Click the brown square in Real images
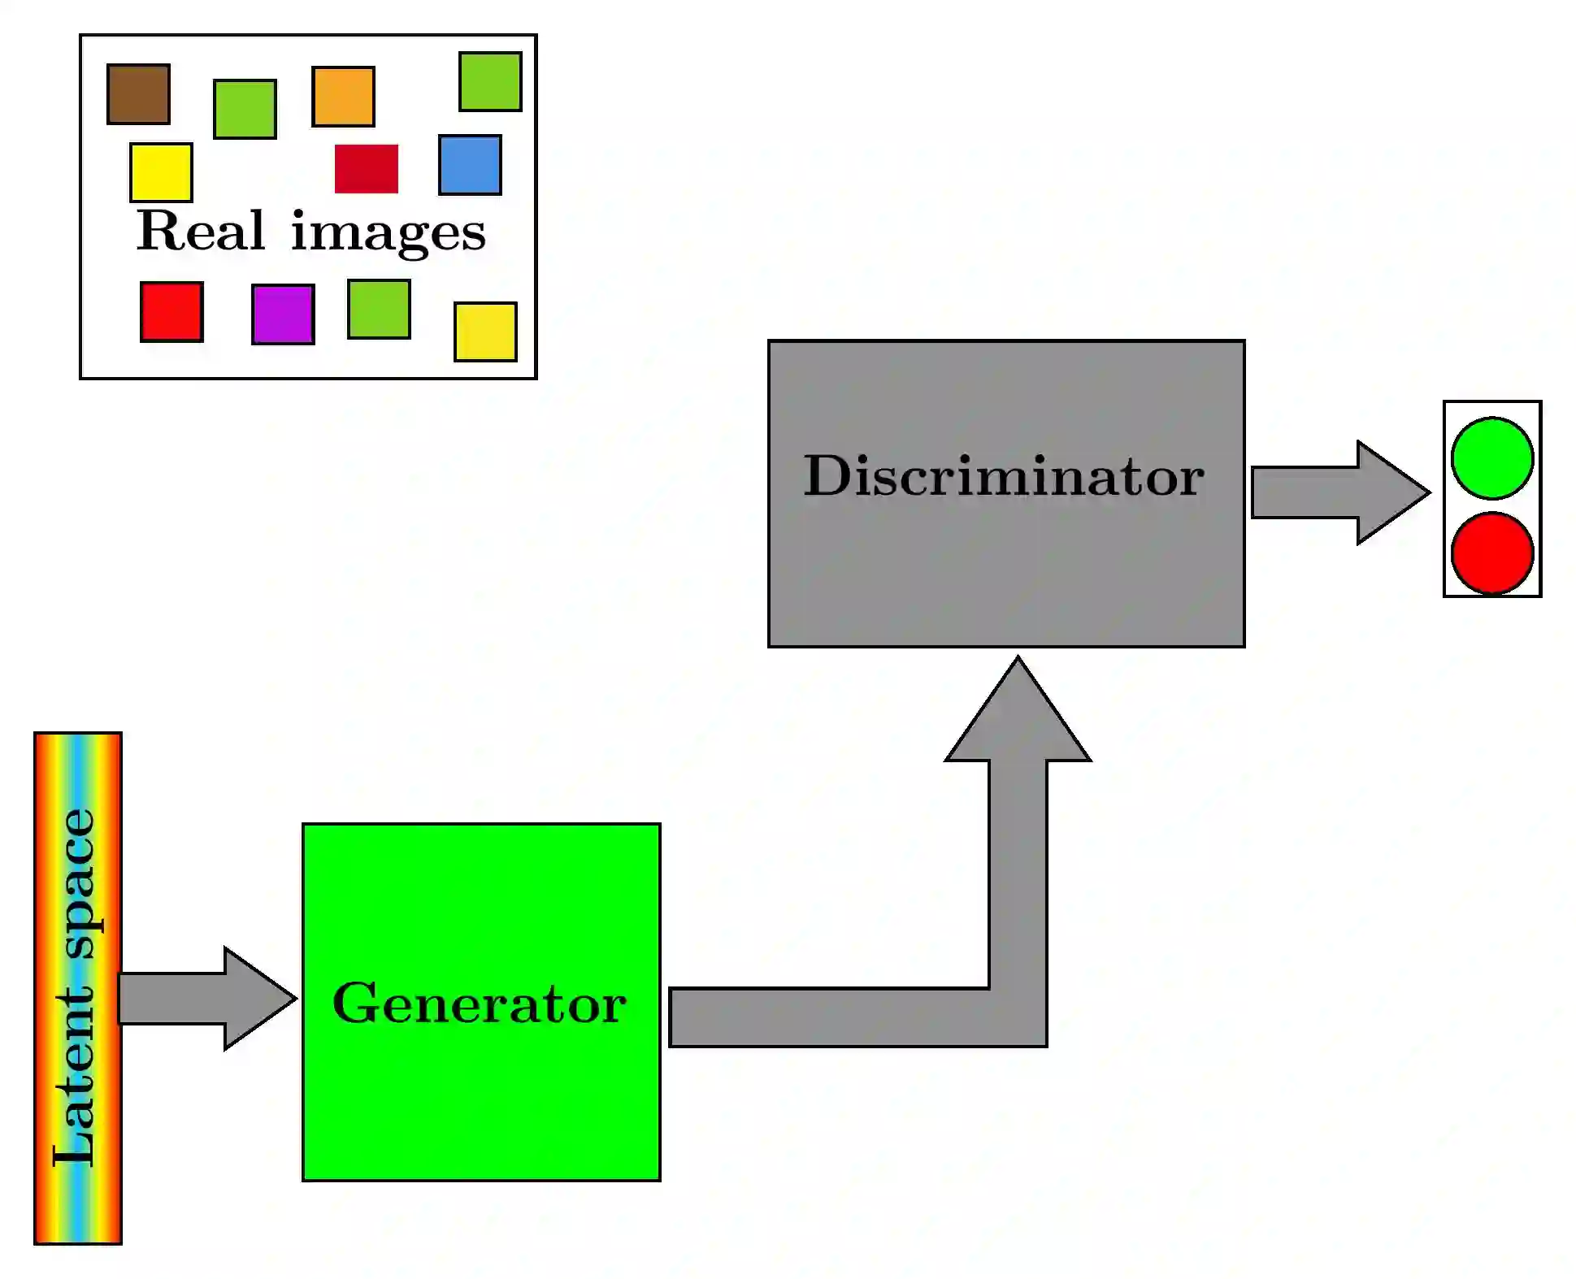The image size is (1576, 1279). [138, 94]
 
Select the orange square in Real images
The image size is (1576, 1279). [343, 97]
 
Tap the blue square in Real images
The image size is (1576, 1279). [470, 165]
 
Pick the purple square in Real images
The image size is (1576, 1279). [283, 314]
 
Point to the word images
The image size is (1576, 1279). [389, 233]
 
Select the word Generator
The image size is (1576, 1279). [480, 1004]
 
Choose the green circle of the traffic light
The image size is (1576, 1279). [1491, 458]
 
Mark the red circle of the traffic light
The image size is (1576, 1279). [1491, 553]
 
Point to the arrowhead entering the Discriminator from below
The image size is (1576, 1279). [1018, 715]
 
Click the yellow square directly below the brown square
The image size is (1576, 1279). [161, 172]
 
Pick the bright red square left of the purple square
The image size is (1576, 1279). [171, 312]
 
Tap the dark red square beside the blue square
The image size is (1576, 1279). [367, 169]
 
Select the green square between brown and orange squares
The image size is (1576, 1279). [245, 109]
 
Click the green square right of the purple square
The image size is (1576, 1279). [379, 309]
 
